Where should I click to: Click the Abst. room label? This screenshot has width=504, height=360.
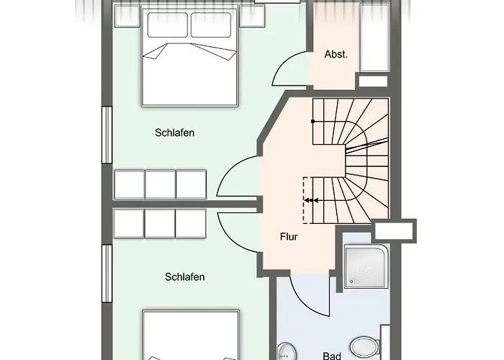pos(336,54)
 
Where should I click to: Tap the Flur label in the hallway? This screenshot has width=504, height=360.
pos(290,235)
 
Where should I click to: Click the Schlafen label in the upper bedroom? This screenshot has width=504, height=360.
pos(175,132)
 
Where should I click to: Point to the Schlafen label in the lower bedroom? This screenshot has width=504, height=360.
pos(185,276)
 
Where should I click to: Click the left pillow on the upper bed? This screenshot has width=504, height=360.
pos(167,25)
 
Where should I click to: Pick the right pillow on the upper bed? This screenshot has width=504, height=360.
pos(211,25)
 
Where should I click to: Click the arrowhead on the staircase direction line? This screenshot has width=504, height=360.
pos(309,201)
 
